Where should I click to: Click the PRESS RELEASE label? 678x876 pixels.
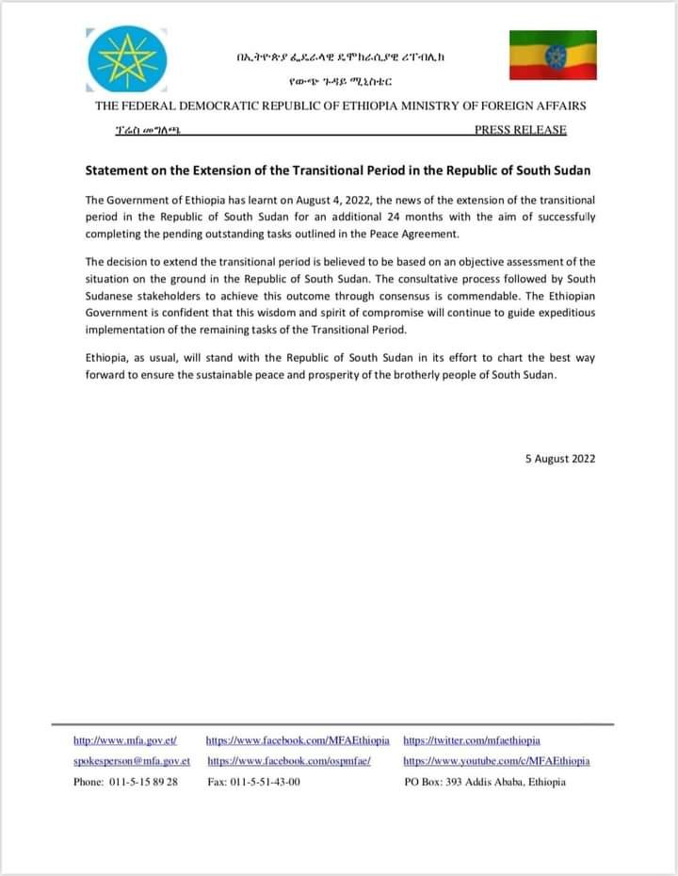coord(521,130)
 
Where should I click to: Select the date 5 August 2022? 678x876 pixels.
coord(559,459)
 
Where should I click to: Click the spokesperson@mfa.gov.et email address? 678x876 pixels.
coord(132,761)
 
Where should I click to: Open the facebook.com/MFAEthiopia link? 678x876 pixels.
coord(297,741)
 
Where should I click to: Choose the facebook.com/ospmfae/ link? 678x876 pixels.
coord(289,761)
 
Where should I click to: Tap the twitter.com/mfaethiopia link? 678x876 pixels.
coord(472,741)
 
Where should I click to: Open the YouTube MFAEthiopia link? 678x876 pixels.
coord(496,761)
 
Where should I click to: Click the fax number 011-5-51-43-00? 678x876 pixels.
coord(267,783)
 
